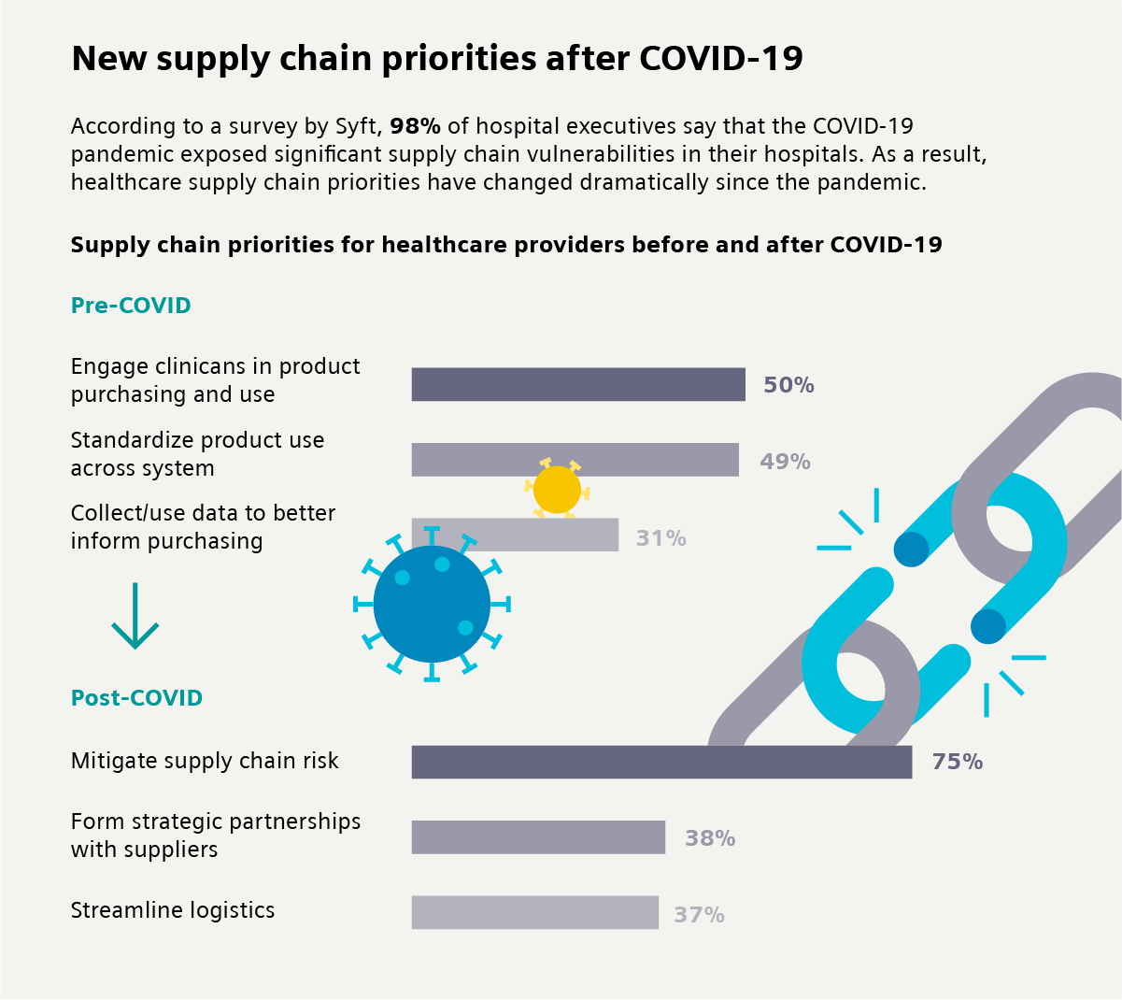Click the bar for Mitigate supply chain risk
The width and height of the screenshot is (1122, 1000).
tap(661, 762)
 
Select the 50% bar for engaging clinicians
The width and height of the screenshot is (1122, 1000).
tap(578, 384)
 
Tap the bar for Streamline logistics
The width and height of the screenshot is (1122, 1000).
tap(534, 912)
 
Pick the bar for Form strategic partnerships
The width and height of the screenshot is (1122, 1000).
tap(538, 837)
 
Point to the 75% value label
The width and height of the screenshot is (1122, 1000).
tap(957, 762)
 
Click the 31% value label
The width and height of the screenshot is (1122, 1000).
tap(660, 538)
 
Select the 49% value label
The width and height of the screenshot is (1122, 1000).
tap(785, 461)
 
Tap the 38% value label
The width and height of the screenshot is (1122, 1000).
tap(710, 838)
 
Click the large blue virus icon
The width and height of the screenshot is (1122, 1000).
tap(432, 605)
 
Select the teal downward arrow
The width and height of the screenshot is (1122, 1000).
tap(135, 617)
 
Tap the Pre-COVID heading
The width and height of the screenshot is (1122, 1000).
tap(131, 306)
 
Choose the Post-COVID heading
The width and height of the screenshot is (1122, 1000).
tap(136, 698)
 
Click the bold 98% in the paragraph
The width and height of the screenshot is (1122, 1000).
tap(415, 126)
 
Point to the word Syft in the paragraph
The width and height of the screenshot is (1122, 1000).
tap(358, 127)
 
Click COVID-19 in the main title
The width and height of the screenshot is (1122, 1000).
tap(720, 58)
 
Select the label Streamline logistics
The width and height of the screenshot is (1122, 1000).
tap(173, 910)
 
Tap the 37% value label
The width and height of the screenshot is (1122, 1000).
tap(699, 915)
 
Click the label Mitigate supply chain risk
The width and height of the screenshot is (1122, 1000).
tap(205, 761)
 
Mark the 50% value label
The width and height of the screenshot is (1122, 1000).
tap(788, 385)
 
